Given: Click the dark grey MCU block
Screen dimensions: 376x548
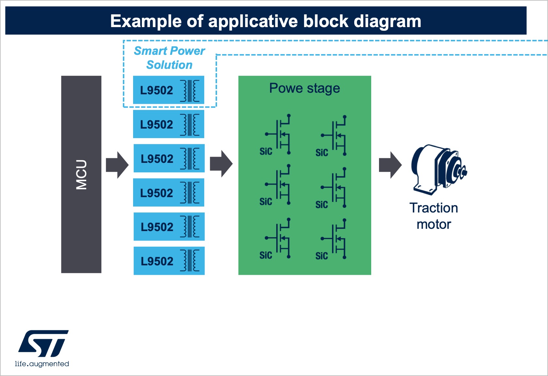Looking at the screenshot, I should pyautogui.click(x=81, y=174).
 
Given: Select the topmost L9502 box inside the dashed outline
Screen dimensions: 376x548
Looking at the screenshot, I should pyautogui.click(x=168, y=90).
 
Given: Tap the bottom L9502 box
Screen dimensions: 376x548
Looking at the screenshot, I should pyautogui.click(x=169, y=261).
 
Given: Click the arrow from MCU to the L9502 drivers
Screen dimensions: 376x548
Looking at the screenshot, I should pyautogui.click(x=117, y=165).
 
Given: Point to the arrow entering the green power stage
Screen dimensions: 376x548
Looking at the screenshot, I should pyautogui.click(x=221, y=164).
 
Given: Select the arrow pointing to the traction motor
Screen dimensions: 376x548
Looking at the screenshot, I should pyautogui.click(x=390, y=165).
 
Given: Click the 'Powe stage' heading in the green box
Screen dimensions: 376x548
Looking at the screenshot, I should pyautogui.click(x=304, y=88).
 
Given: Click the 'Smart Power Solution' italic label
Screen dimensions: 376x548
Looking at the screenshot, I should pyautogui.click(x=169, y=58).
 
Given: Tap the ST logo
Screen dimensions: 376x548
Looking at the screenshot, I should pyautogui.click(x=43, y=343).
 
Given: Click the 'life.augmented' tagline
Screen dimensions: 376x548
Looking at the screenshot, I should pyautogui.click(x=42, y=364).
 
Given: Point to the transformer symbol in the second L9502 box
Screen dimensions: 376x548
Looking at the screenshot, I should pyautogui.click(x=190, y=124).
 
